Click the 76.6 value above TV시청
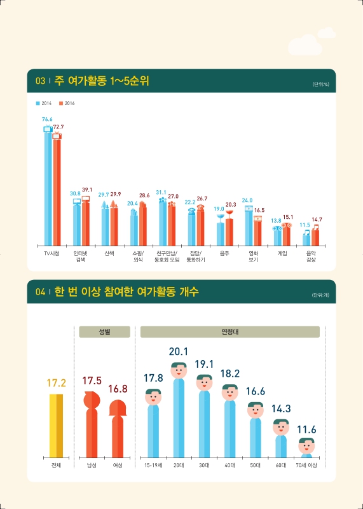coord(47,119)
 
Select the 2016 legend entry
coord(67,102)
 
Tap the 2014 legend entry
coord(46,102)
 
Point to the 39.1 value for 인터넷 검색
coord(86,190)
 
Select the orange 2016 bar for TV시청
coord(57,191)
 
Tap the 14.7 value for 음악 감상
coord(316,220)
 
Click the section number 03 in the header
coord(40,81)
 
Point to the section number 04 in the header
coord(40,293)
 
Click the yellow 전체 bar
coord(57,425)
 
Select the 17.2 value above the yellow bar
coord(57,384)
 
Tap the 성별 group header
coord(104,331)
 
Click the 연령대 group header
coord(229,331)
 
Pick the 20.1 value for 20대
coord(179,351)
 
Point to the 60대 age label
coord(280,466)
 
